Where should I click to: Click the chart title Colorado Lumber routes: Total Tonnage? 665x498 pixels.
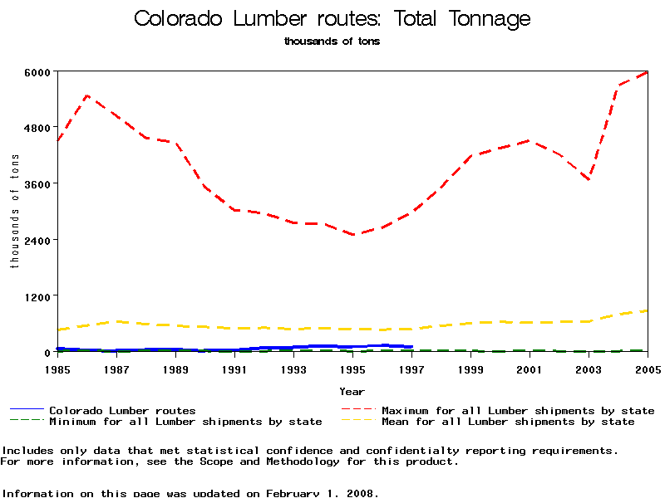332,19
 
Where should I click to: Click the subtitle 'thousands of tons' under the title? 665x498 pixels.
332,41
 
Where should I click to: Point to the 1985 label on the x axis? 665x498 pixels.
57,368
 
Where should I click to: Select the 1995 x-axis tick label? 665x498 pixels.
352,368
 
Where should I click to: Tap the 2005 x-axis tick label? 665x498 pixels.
648,368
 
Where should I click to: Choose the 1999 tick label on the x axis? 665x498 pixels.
470,368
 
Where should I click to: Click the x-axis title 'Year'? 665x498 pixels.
352,391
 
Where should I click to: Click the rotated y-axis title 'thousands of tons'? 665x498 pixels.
14,212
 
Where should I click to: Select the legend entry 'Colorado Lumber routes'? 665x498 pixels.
122,410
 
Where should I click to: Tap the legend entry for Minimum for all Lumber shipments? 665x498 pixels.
185,422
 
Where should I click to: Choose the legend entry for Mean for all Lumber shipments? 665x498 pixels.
507,422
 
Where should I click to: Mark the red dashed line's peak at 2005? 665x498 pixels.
647,72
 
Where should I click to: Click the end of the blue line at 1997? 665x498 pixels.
411,347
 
